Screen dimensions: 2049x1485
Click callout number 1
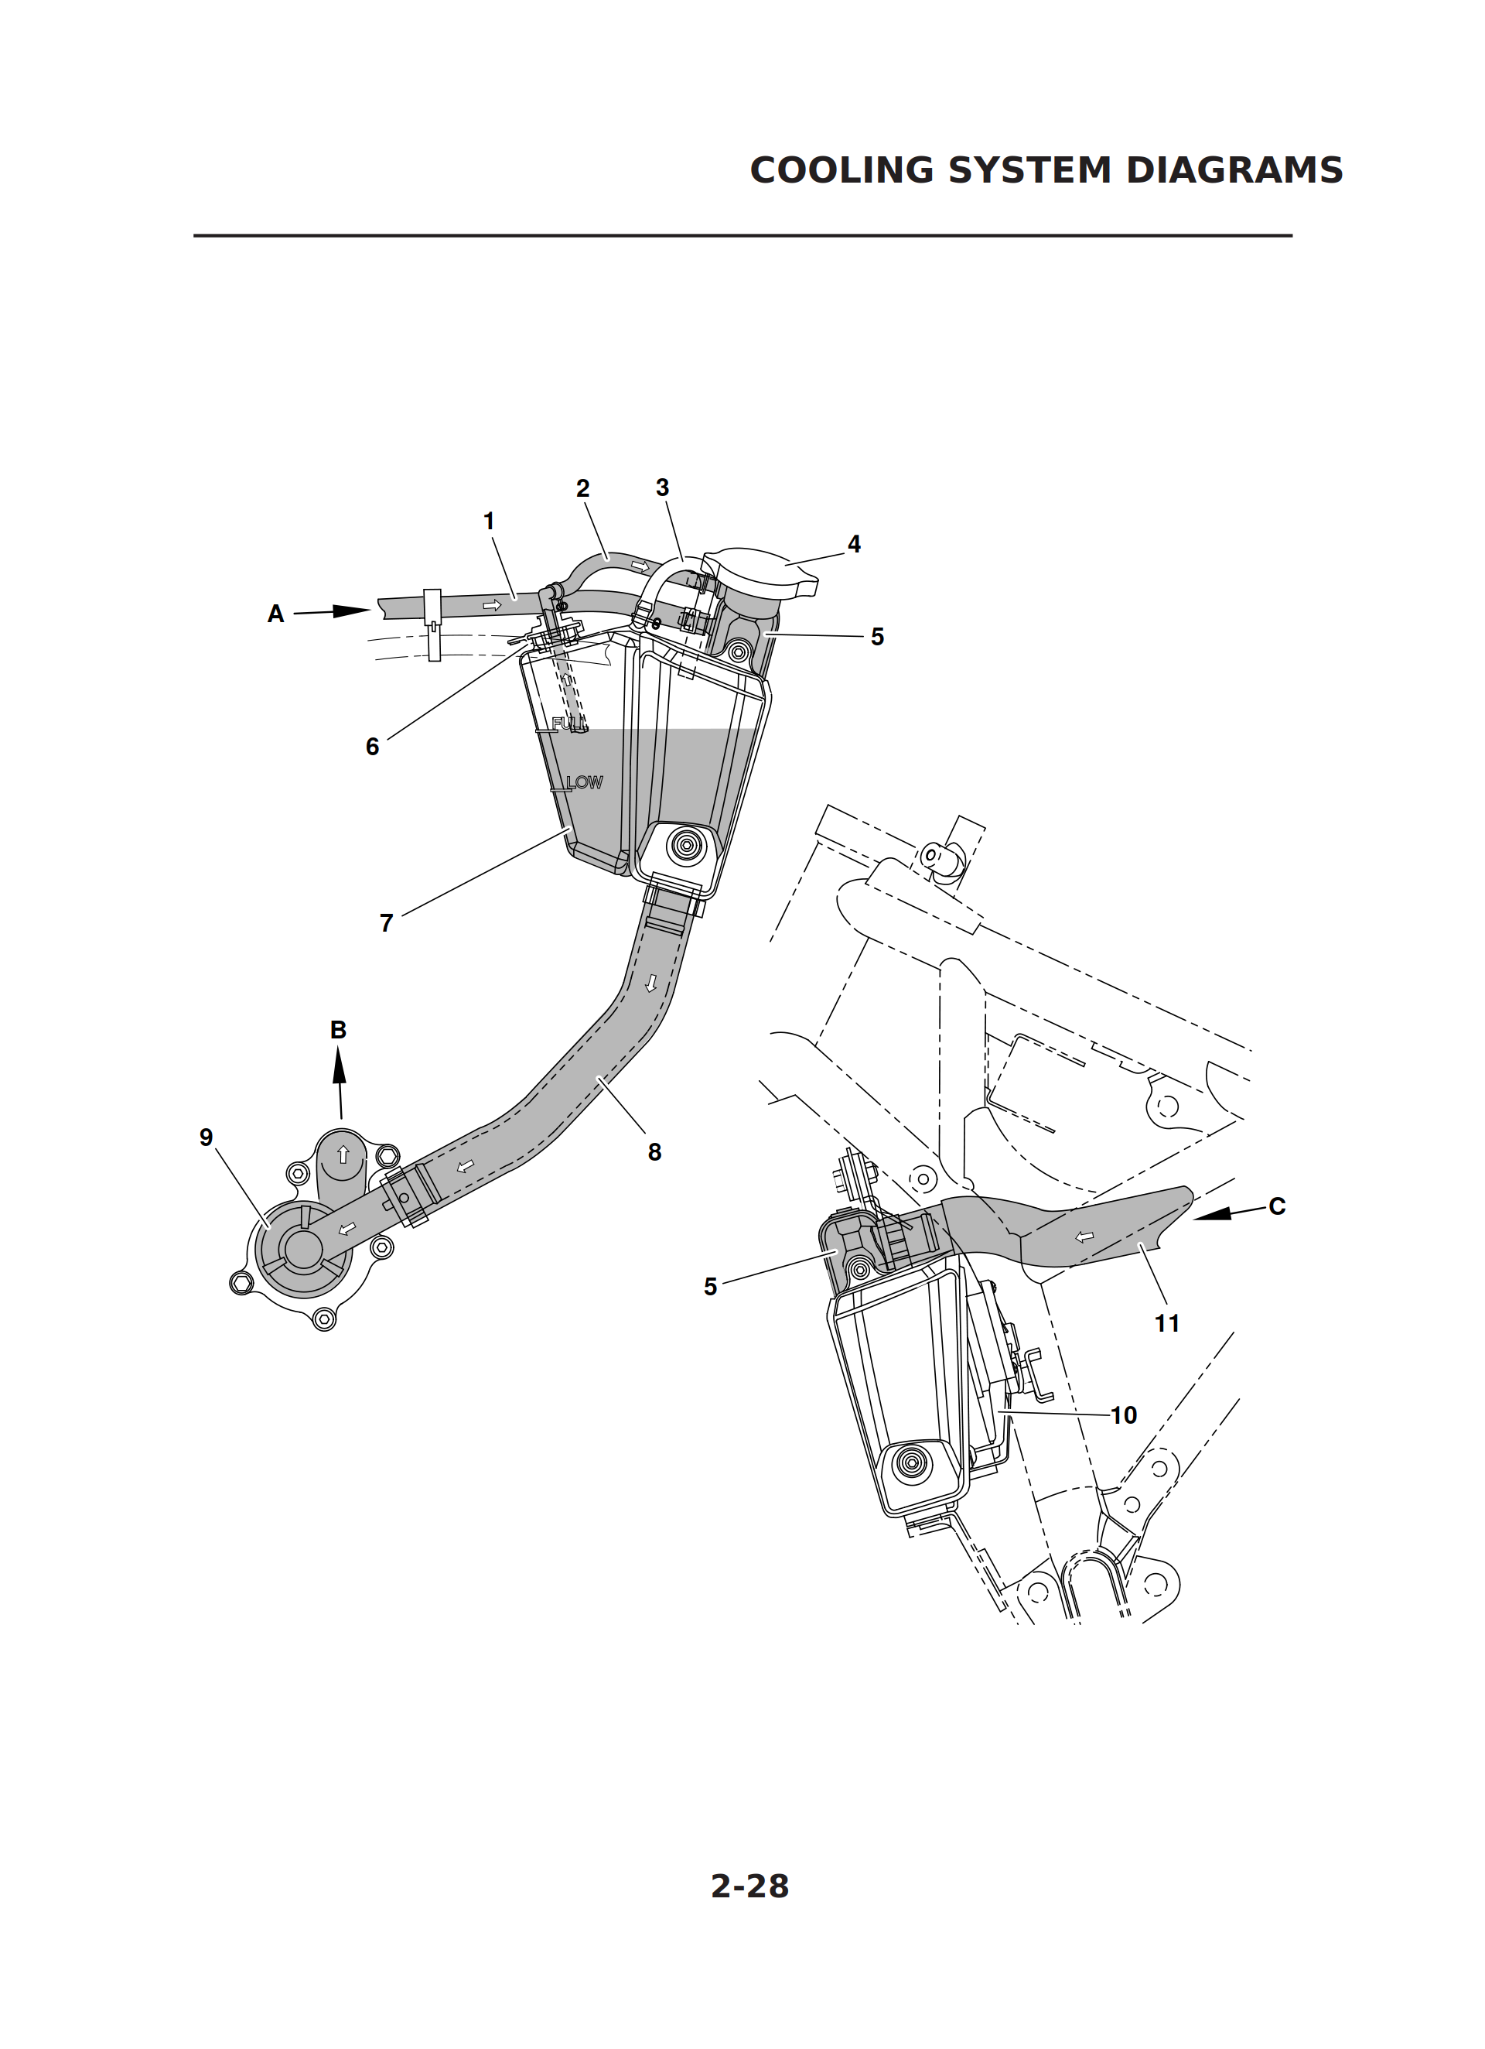[x=489, y=522]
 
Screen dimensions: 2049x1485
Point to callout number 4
[x=854, y=544]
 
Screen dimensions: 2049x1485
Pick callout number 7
[x=387, y=922]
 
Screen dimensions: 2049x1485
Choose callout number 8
[x=655, y=1152]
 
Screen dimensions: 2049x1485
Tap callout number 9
[x=206, y=1137]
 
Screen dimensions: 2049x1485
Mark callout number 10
[x=1124, y=1414]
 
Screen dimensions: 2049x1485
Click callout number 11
[x=1167, y=1323]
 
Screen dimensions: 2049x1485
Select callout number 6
[x=372, y=746]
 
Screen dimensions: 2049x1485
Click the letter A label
[x=275, y=614]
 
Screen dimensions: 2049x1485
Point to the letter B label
[x=338, y=1030]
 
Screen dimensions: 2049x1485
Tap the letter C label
[x=1276, y=1206]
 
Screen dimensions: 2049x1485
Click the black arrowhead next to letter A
[x=351, y=611]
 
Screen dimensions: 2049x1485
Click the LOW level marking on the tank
[x=585, y=782]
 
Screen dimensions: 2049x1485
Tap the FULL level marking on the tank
[x=569, y=723]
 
